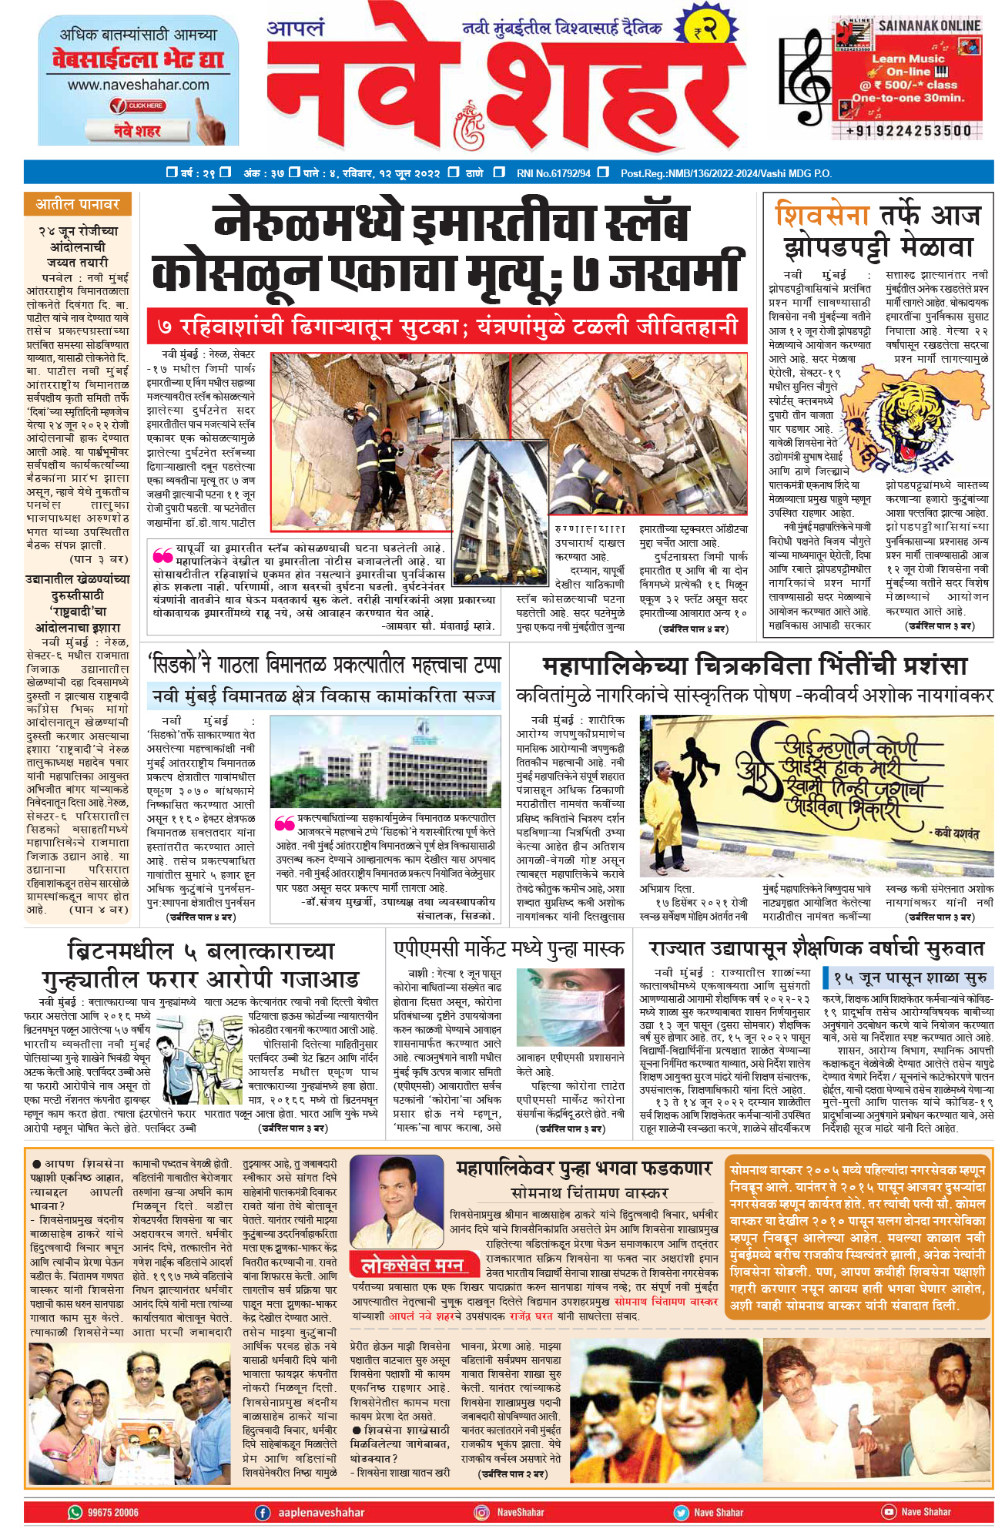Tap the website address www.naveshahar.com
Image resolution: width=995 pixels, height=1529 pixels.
coord(138,85)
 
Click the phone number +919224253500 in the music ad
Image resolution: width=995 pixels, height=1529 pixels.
coord(909,131)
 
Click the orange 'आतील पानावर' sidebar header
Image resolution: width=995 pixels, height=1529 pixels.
coord(77,204)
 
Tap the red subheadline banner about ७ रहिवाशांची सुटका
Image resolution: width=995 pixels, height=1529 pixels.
coord(447,327)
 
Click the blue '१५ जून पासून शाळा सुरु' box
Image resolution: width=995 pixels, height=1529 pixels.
coord(909,978)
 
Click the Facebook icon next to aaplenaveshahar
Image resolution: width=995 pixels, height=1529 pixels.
coord(263,1512)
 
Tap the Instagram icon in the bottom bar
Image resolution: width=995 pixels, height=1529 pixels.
coord(482,1512)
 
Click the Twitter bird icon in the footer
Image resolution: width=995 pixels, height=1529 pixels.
coord(681,1512)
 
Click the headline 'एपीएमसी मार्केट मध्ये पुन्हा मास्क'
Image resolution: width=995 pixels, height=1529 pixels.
coord(508,948)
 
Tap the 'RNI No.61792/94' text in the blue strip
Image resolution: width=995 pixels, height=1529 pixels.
coord(553,173)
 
